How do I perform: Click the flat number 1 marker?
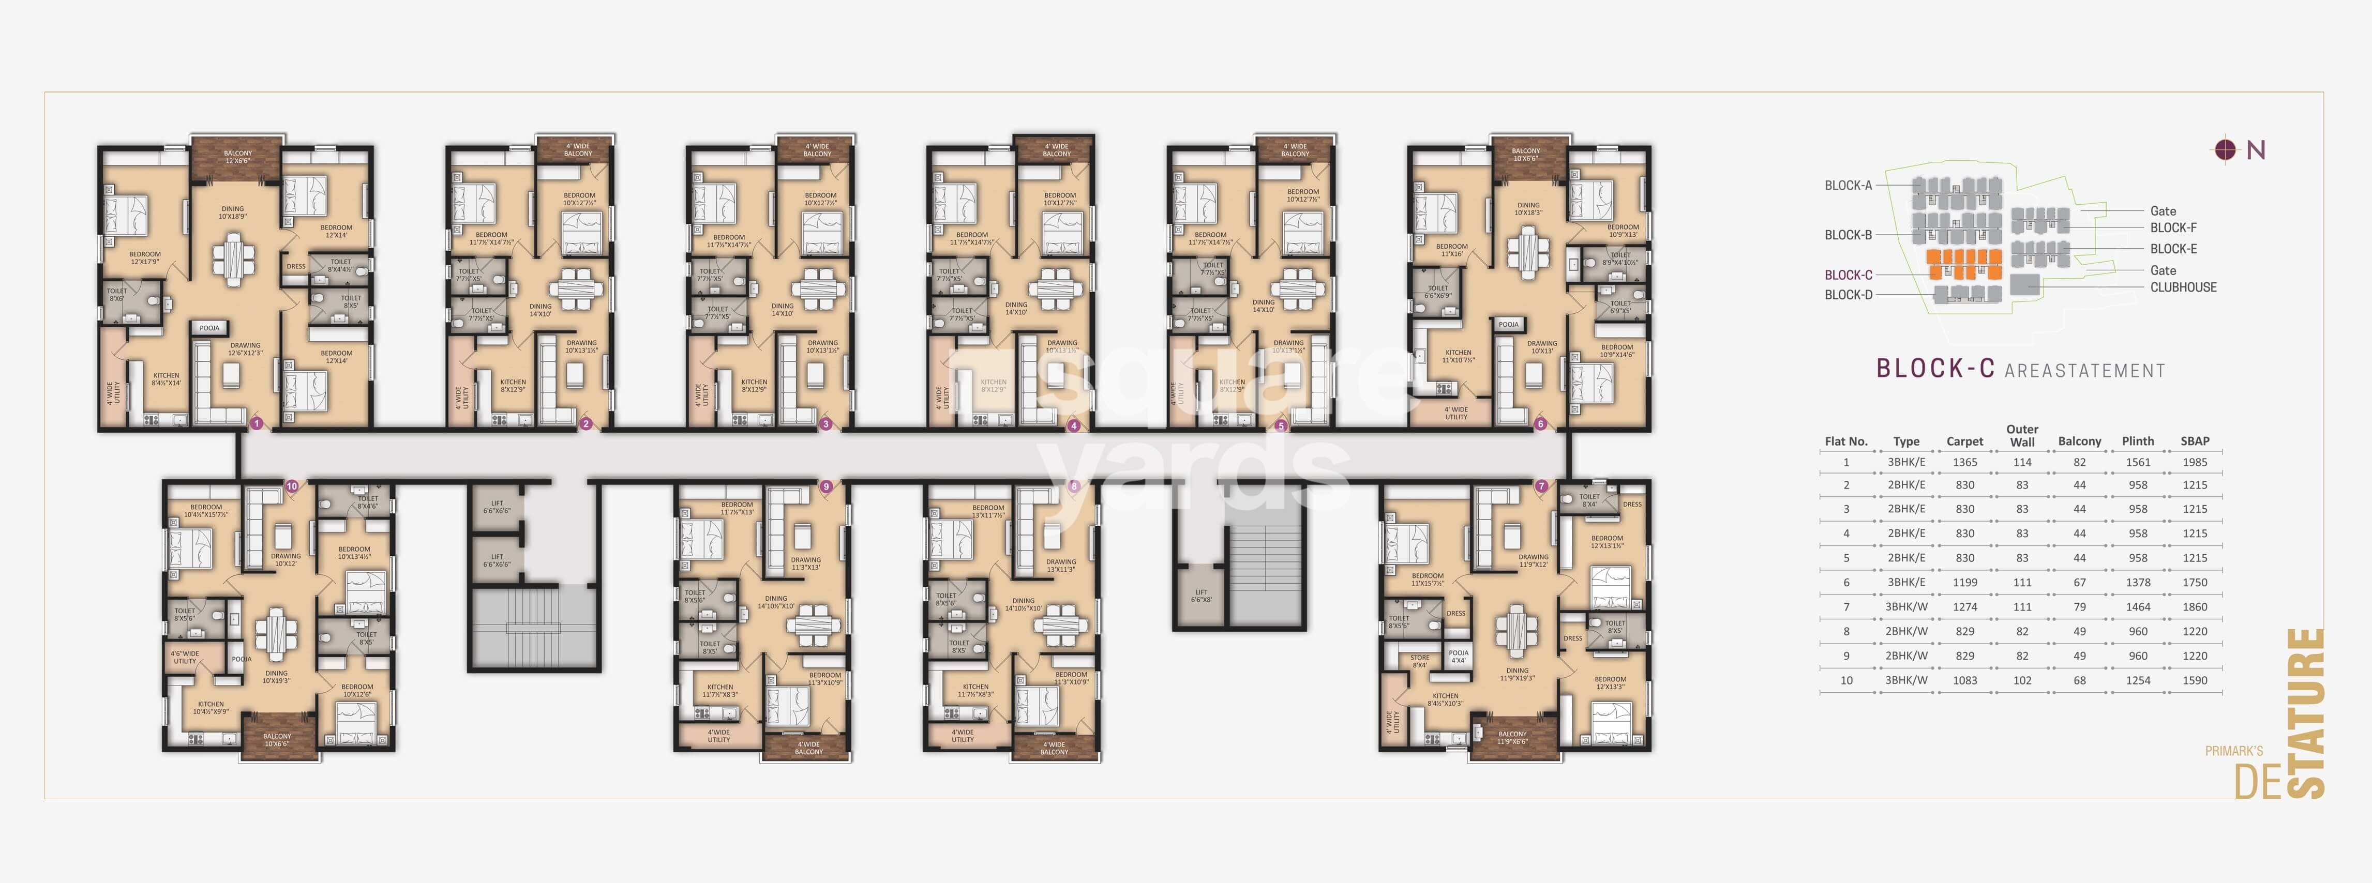pos(257,423)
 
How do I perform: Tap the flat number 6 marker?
pos(1540,423)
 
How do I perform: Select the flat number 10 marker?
pos(292,486)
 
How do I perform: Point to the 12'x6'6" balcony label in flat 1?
pos(237,157)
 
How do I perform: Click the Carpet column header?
pos(1964,441)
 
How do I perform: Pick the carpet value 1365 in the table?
pos(1964,462)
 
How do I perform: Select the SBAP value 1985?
pos(2194,462)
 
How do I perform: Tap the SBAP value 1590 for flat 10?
pos(2194,680)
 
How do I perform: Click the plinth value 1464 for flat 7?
pos(2137,607)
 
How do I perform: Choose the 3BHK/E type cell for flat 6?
pos(1906,582)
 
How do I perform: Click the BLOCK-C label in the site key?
pos(1848,275)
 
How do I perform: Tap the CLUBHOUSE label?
pos(2183,287)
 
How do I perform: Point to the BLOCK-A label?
pos(1848,185)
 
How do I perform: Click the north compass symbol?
pos(2225,149)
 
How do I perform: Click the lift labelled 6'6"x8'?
pos(1200,596)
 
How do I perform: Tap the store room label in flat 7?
pos(1420,661)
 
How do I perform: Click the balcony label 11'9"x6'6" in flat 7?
pos(1512,738)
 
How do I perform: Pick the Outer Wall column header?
pos(2022,435)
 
